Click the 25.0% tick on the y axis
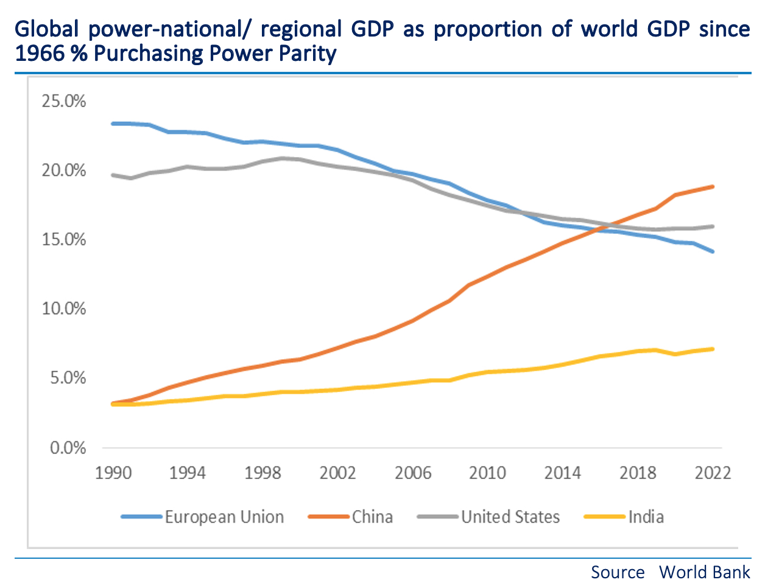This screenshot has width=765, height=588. click(64, 101)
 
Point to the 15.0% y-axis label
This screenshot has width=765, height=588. click(64, 240)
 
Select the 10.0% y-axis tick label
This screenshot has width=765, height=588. click(64, 309)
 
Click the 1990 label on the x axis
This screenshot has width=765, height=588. click(113, 473)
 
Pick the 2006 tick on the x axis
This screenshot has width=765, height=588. click(413, 473)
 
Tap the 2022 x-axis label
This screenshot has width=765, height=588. click(713, 473)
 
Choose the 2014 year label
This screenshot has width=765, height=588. click(563, 473)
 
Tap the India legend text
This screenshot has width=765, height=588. click(646, 517)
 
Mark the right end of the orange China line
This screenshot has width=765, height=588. click(712, 187)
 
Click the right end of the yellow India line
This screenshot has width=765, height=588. click(712, 349)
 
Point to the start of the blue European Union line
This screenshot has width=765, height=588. click(113, 124)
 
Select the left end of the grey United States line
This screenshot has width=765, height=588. click(113, 175)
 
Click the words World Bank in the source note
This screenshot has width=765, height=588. click(705, 573)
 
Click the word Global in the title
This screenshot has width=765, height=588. click(48, 29)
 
